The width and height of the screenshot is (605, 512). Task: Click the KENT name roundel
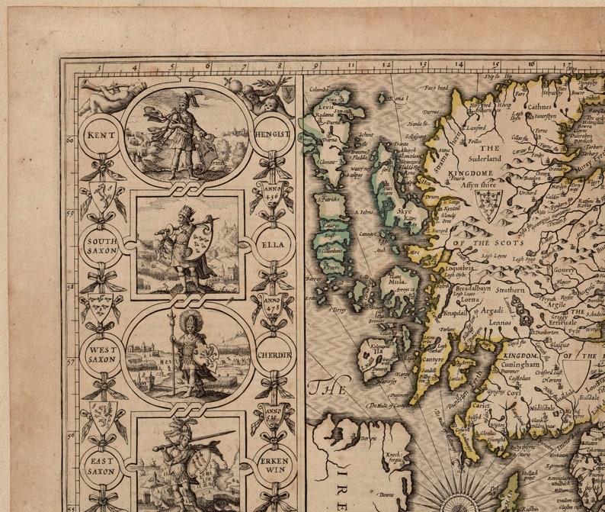pos(101,134)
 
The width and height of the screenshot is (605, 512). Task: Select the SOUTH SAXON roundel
pos(101,245)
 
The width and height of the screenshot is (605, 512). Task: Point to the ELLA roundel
pos(272,246)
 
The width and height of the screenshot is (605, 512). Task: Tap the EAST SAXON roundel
pos(101,465)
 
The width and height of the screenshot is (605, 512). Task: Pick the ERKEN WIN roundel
pos(273,465)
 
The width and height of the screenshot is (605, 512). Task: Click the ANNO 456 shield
pos(273,195)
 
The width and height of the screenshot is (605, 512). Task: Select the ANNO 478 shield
pos(273,306)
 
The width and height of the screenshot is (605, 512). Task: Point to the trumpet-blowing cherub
pos(109,98)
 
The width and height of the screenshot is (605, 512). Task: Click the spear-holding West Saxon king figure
pos(185,352)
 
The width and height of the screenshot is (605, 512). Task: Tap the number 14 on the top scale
pos(459,66)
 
